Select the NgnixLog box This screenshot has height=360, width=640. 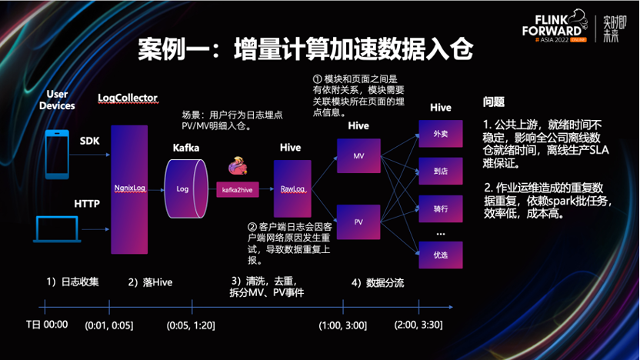[128, 188]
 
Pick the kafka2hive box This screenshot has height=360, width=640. [238, 189]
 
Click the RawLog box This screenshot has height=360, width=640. [292, 188]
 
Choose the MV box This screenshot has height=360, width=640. [358, 155]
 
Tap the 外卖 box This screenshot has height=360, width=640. [440, 134]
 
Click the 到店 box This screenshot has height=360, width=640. [440, 171]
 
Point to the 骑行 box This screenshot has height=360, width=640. [440, 208]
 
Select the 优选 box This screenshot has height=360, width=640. [440, 254]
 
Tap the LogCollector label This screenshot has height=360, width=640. [128, 98]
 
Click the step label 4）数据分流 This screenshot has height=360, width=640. [378, 282]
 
